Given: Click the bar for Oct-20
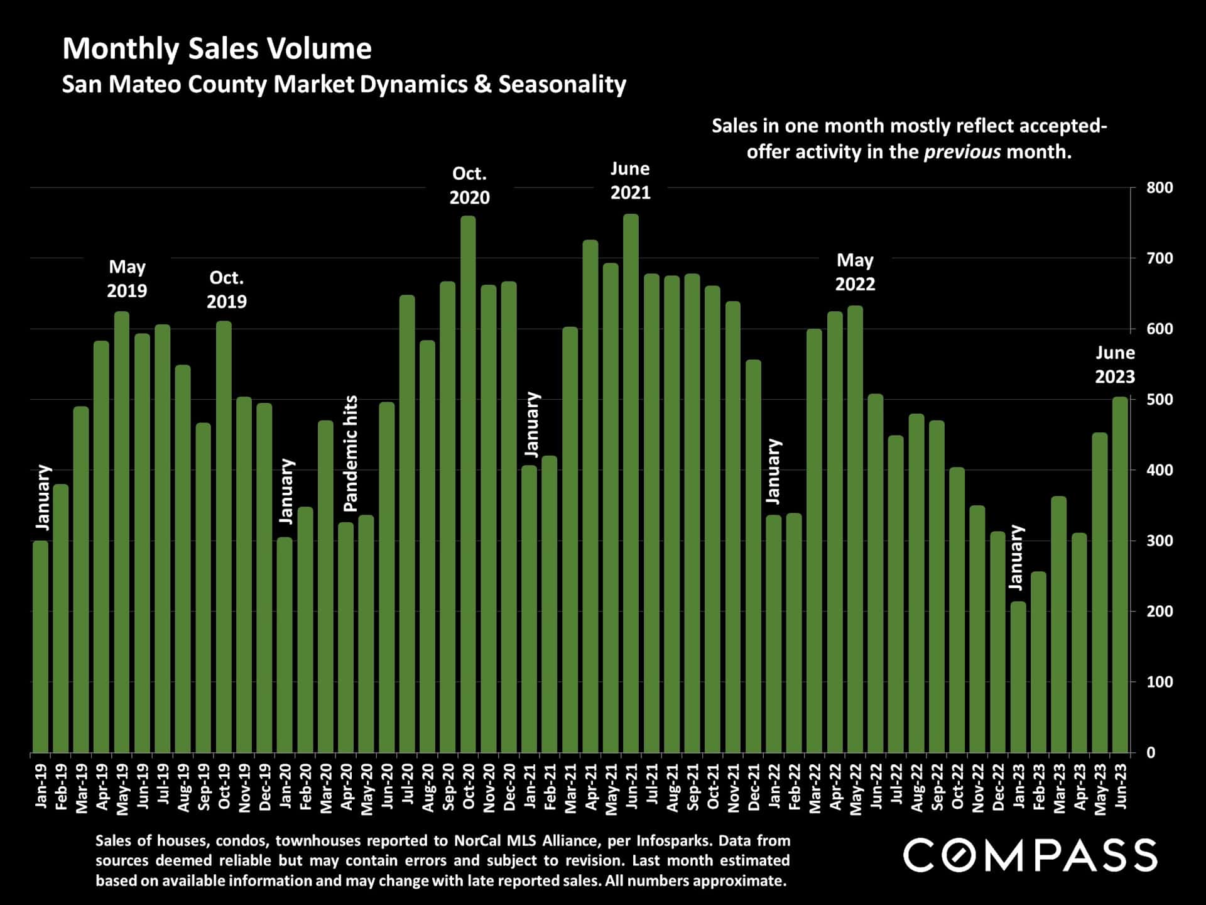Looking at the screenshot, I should pos(468,484).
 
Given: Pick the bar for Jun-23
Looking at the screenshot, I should pos(1120,574).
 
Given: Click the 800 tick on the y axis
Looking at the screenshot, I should pos(1159,188).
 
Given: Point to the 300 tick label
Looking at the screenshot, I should pos(1159,541).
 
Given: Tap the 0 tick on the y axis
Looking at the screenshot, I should pos(1151,753).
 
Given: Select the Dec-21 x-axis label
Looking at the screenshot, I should pos(754,788).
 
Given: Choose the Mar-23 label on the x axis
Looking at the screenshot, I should pos(1059,789).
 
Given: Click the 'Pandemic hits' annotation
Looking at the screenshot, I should pos(350,453).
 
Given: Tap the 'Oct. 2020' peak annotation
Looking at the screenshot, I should pos(469,185).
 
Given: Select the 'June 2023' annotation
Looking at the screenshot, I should pos(1115,365).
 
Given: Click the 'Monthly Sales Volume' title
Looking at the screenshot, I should pos(217,49).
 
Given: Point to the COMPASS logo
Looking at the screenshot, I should pos(1029,855).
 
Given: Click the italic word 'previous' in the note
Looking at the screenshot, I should pos(962,152).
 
